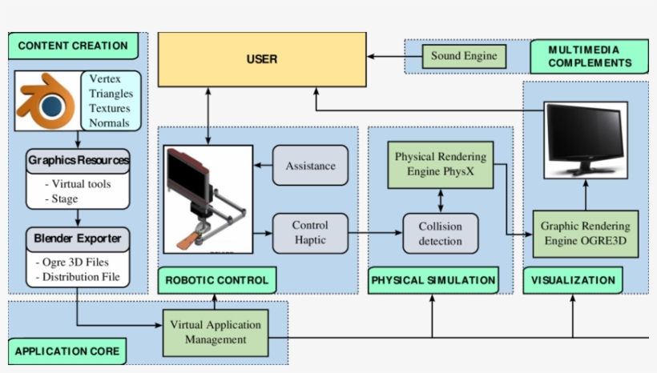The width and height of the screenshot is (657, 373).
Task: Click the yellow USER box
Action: click(x=261, y=59)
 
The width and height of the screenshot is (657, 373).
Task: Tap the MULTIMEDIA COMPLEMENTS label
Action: click(x=589, y=56)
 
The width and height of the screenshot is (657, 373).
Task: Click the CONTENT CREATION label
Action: click(x=73, y=46)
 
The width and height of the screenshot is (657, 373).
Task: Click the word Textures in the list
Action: click(x=111, y=108)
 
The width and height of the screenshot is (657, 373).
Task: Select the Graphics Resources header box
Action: click(x=78, y=160)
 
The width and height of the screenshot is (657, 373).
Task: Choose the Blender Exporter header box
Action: click(x=78, y=238)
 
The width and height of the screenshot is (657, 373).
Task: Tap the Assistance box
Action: click(x=310, y=166)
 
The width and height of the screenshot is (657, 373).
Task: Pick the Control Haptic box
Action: click(x=310, y=232)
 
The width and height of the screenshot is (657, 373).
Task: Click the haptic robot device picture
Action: click(x=208, y=199)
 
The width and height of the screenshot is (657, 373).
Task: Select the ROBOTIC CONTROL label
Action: click(x=217, y=280)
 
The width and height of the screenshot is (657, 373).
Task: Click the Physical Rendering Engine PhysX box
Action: click(x=440, y=164)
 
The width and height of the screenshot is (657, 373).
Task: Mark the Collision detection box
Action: click(x=440, y=234)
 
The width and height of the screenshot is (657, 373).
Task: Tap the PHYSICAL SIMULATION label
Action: click(x=433, y=280)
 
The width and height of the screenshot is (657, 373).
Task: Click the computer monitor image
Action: click(x=585, y=140)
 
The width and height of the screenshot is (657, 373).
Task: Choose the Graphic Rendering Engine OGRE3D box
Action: click(x=585, y=234)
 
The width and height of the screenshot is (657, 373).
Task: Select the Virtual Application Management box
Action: click(x=215, y=332)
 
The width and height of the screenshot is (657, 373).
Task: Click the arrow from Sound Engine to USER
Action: click(x=394, y=57)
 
